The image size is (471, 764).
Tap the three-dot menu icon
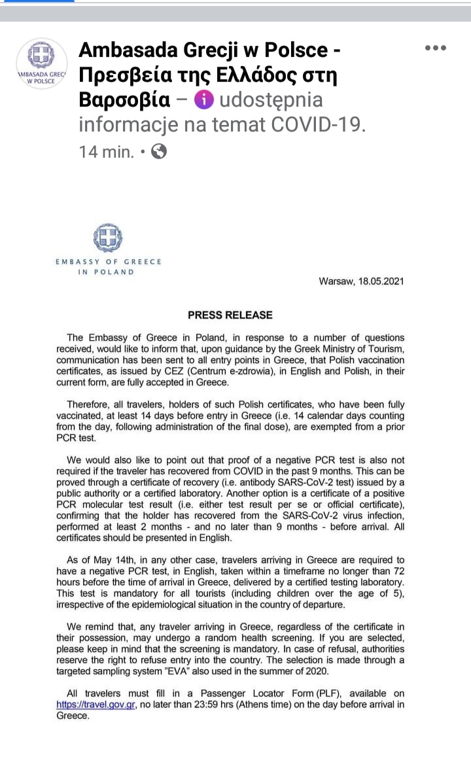[x=435, y=48]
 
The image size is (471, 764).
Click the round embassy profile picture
[x=41, y=64]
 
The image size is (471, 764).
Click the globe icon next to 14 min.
[x=159, y=152]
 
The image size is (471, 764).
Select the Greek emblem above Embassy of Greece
[x=108, y=237]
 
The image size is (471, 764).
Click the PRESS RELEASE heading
[x=230, y=315]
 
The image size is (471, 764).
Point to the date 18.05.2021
[x=380, y=281]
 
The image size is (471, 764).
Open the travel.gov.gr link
[x=96, y=705]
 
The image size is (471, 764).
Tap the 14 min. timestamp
[x=107, y=152]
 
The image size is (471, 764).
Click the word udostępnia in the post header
[x=271, y=100]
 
